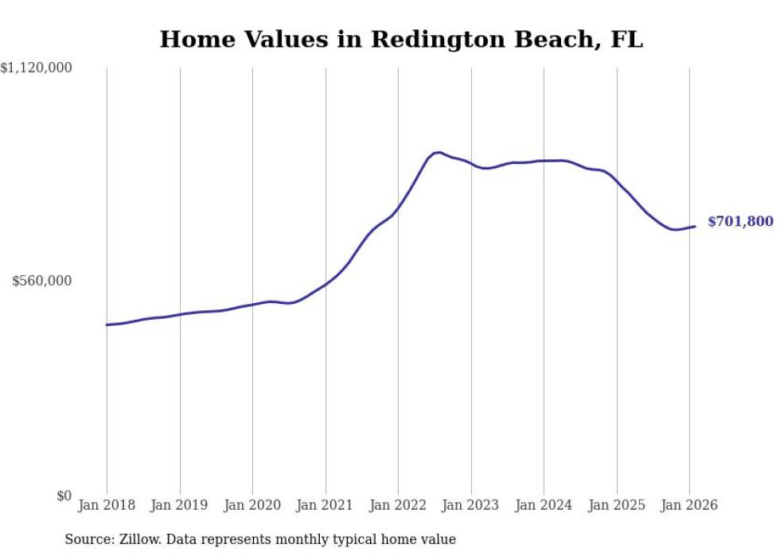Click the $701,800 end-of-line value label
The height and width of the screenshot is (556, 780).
739,222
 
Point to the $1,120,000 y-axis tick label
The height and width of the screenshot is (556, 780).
37,69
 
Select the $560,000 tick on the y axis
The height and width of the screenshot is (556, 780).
42,281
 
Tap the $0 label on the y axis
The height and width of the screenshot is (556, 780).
63,496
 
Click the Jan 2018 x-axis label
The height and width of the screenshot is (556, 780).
107,505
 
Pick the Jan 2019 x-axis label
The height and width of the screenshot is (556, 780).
180,505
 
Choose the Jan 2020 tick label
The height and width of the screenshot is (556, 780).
252,505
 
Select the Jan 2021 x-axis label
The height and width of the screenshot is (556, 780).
326,505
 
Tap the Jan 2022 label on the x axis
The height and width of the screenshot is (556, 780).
398,505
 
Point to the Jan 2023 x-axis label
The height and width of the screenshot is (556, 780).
471,505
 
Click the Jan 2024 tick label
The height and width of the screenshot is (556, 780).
544,505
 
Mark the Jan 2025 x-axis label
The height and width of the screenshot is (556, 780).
617,505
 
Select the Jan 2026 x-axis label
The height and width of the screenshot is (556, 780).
689,505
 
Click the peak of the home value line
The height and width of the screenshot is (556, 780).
439,152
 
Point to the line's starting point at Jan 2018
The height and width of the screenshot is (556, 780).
107,325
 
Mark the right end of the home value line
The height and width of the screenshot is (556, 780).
695,227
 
